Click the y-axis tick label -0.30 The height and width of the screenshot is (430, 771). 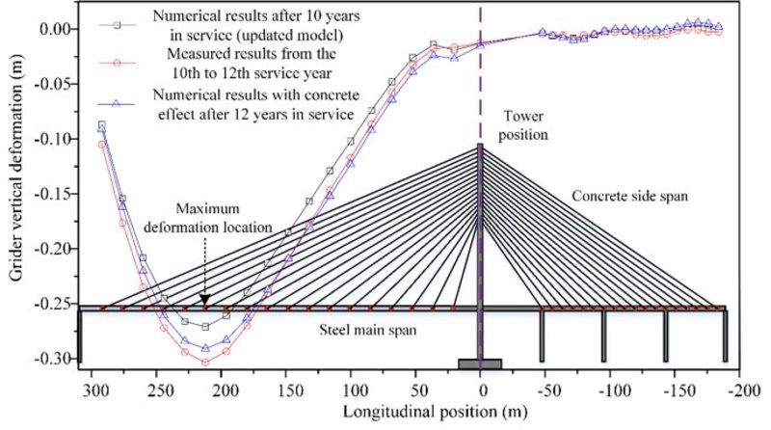51,359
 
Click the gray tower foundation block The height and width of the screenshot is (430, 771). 480,363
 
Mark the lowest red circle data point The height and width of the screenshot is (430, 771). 205,363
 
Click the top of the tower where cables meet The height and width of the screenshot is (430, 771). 480,147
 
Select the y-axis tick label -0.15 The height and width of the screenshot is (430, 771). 51,194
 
